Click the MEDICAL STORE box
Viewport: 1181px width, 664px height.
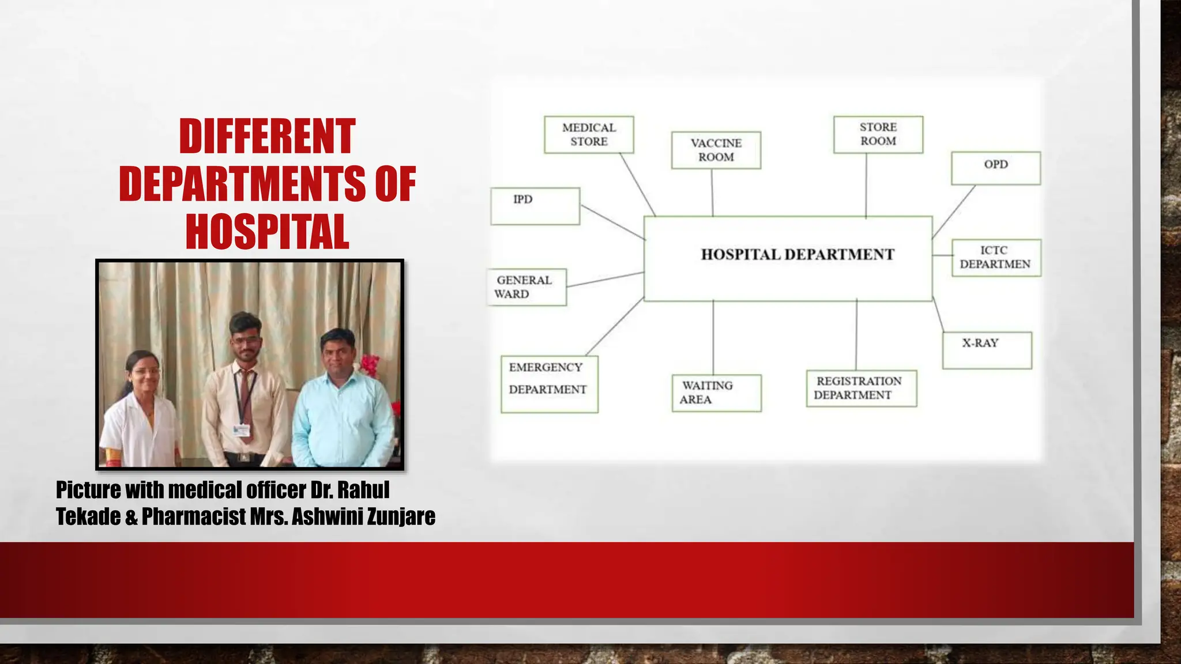pyautogui.click(x=589, y=134)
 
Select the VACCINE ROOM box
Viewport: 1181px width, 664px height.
pyautogui.click(x=716, y=150)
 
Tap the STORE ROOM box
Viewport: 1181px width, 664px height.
pyautogui.click(x=878, y=134)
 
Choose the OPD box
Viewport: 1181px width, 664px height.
pyautogui.click(x=995, y=168)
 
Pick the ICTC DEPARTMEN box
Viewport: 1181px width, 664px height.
pyautogui.click(x=996, y=258)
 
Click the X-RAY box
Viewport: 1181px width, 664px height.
pyautogui.click(x=987, y=350)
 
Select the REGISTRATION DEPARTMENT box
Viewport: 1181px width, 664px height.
pyautogui.click(x=861, y=388)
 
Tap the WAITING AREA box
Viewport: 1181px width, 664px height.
pyautogui.click(x=716, y=393)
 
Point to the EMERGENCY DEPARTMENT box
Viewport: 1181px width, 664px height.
pyautogui.click(x=549, y=384)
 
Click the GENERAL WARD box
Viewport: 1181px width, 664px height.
pyautogui.click(x=526, y=287)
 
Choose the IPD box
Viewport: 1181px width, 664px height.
pyautogui.click(x=535, y=206)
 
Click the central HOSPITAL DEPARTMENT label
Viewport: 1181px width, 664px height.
pyautogui.click(x=797, y=255)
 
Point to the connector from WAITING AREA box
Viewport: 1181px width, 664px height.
pyautogui.click(x=713, y=337)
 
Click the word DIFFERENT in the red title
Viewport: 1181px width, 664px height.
pyautogui.click(x=267, y=137)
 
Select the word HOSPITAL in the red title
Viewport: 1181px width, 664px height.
pyautogui.click(x=267, y=231)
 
